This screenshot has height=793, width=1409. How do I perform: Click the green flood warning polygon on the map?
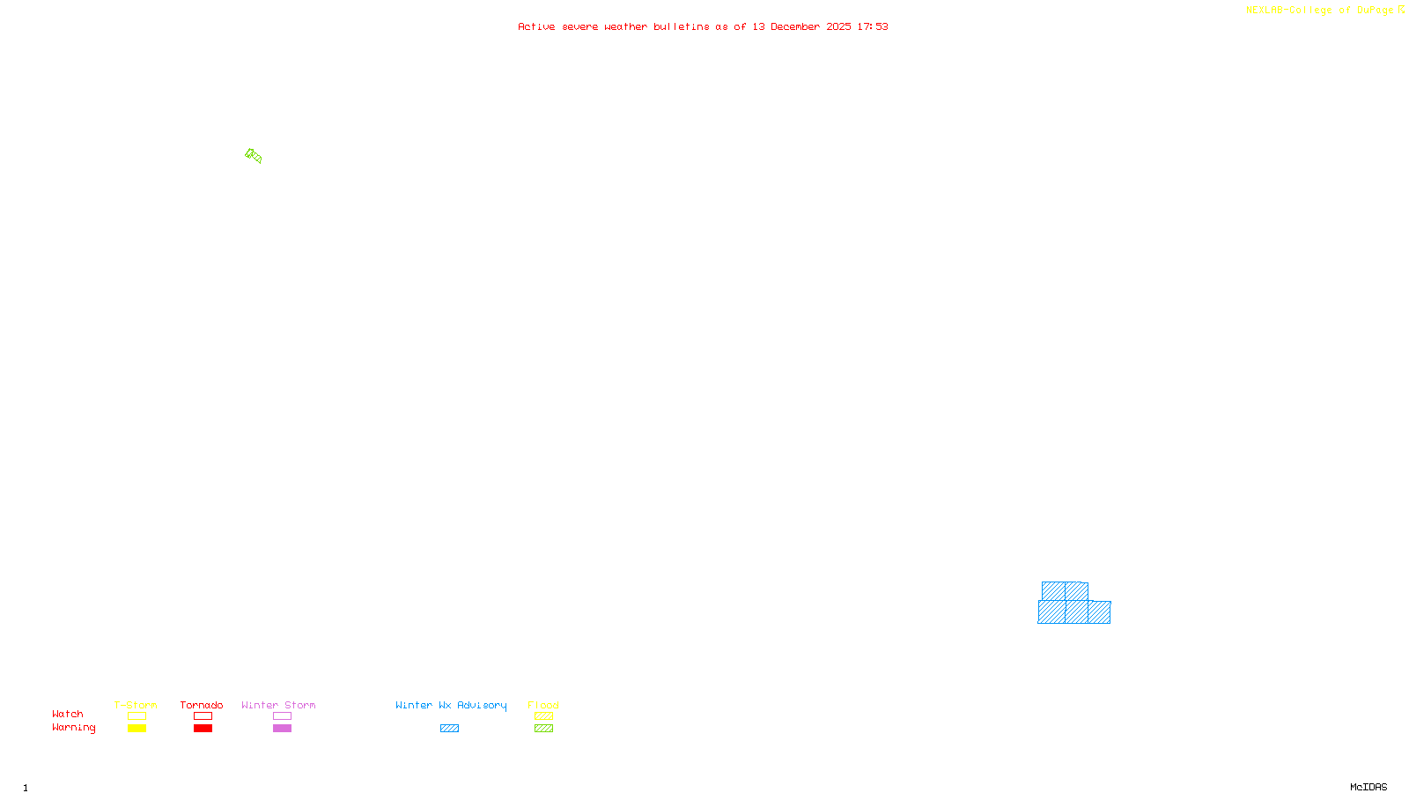coord(254,156)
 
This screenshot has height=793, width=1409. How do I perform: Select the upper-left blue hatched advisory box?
coord(1053,591)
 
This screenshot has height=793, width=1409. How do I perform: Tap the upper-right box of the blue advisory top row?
coord(1077,591)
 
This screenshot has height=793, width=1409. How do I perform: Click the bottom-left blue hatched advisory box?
coord(1051,612)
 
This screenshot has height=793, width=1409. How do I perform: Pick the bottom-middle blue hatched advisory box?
coord(1076,612)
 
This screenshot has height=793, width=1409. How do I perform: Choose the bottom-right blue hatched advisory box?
coord(1099,612)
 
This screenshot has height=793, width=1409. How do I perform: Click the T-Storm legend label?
coord(136,705)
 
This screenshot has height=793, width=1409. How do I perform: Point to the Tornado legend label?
coord(202,705)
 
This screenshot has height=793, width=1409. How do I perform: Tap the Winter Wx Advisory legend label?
coord(451,705)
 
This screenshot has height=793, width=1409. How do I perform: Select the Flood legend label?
coord(543,705)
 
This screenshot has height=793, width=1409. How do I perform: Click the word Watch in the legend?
coord(68,714)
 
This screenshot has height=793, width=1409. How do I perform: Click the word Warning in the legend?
coord(74,728)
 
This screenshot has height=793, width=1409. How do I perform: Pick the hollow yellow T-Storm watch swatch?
coord(136,716)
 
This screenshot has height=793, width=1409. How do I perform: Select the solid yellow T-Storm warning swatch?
coord(136,729)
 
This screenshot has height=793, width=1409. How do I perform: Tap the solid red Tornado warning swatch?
coord(203,729)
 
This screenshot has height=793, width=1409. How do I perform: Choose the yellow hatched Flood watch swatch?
coord(543,716)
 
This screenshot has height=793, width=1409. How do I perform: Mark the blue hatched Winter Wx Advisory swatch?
coord(449,729)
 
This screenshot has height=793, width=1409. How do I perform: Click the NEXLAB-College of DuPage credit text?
coord(1320,11)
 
